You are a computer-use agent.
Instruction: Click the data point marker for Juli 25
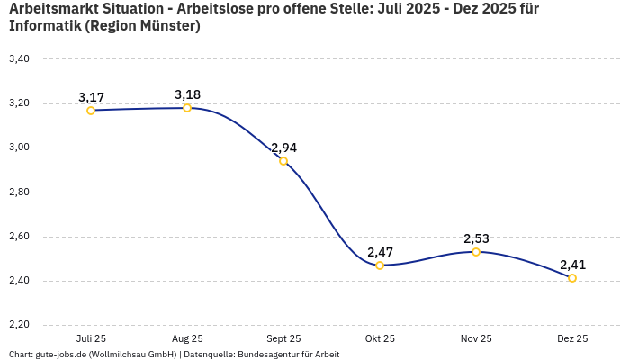coord(91,111)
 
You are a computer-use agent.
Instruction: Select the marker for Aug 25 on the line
coord(187,108)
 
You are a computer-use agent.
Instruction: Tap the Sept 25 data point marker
coord(283,161)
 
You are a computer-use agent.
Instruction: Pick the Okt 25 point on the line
coord(380,265)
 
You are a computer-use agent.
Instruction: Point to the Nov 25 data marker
coord(476,252)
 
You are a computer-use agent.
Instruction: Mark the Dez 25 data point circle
coord(572,278)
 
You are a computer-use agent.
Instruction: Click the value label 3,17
coord(91,97)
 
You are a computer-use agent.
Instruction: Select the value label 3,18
coord(187,94)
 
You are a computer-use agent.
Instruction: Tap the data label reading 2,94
coord(283,148)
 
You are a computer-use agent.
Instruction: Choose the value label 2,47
coord(380,252)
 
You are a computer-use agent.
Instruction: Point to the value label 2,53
coord(476,238)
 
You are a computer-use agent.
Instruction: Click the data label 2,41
coord(572,265)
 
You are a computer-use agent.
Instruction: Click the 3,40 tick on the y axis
coord(19,59)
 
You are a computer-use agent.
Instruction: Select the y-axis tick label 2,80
coord(19,193)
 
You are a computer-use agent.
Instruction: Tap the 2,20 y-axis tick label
coord(19,325)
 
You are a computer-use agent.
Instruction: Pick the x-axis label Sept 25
coord(283,339)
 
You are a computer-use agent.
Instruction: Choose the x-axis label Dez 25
coord(572,339)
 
